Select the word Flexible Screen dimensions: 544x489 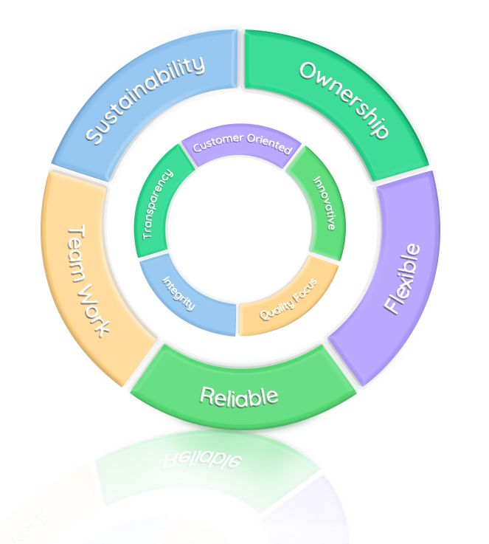pyautogui.click(x=403, y=278)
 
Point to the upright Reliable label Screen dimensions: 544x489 pyautogui.click(x=239, y=396)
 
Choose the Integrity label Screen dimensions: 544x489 pyautogui.click(x=178, y=292)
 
